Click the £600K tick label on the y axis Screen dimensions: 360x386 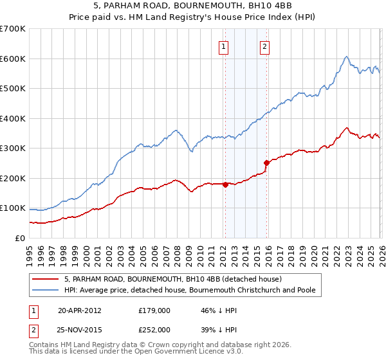(x=13, y=59)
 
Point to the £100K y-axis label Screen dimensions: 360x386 (x=13, y=208)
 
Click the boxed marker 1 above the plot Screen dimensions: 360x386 (x=224, y=46)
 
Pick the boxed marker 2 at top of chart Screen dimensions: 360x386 (x=265, y=46)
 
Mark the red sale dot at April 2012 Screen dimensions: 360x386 (x=225, y=184)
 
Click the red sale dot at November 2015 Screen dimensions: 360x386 (x=266, y=163)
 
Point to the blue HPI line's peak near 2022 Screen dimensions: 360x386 (x=346, y=57)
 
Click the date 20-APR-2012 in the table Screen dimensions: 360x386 (x=80, y=310)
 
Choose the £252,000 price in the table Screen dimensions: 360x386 (x=154, y=329)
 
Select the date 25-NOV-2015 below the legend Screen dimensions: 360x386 (x=80, y=329)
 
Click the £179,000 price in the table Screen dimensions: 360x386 (x=154, y=310)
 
